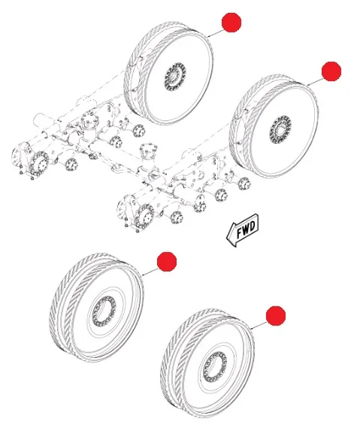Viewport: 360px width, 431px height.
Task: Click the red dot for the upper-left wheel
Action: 231,23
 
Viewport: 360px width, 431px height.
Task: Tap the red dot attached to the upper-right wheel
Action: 331,71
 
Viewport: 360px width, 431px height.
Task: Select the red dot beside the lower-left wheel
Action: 167,262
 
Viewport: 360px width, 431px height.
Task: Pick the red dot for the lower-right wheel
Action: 276,316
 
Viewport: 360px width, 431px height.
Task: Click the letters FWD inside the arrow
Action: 246,229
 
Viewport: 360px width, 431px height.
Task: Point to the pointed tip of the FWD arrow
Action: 226,237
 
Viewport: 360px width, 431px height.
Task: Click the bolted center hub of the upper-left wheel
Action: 175,77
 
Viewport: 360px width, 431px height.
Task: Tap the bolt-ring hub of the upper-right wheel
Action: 280,129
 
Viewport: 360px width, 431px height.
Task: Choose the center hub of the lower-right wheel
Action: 215,366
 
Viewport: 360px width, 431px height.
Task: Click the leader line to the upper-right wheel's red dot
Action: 315,81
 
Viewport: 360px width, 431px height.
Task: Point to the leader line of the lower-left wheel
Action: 150,272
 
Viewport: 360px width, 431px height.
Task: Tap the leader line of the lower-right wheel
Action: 259,325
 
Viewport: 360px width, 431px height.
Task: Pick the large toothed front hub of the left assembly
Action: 39,163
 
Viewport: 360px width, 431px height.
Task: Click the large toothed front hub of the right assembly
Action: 145,216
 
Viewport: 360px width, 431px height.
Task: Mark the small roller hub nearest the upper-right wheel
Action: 244,184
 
